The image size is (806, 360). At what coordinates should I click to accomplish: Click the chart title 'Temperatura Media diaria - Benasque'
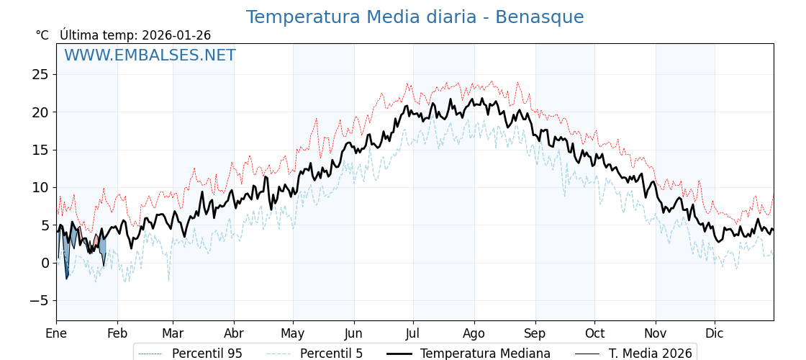click(415, 17)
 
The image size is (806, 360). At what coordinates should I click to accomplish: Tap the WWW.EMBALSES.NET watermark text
click(150, 55)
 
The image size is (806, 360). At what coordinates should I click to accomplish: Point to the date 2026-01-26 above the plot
click(176, 35)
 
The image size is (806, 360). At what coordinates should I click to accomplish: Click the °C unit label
click(42, 35)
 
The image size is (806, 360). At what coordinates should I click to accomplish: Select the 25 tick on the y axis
click(40, 74)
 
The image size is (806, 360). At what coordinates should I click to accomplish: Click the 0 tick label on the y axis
click(45, 263)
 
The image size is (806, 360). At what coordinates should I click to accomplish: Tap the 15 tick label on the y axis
click(40, 150)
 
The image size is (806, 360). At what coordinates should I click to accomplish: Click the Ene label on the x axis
click(56, 334)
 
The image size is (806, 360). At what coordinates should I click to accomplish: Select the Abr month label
click(234, 334)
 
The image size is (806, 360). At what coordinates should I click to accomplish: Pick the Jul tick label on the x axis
click(413, 334)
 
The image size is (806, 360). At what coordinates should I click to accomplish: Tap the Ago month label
click(474, 334)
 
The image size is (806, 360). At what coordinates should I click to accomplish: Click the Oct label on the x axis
click(594, 334)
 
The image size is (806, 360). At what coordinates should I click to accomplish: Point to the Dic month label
click(715, 334)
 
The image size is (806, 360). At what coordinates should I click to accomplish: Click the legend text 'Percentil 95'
click(207, 354)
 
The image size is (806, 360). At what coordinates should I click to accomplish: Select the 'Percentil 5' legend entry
click(331, 354)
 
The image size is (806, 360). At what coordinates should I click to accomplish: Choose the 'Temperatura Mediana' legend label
click(485, 354)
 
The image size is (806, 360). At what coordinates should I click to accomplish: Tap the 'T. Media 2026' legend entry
click(651, 354)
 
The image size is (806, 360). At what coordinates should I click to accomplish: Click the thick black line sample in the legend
click(399, 354)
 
